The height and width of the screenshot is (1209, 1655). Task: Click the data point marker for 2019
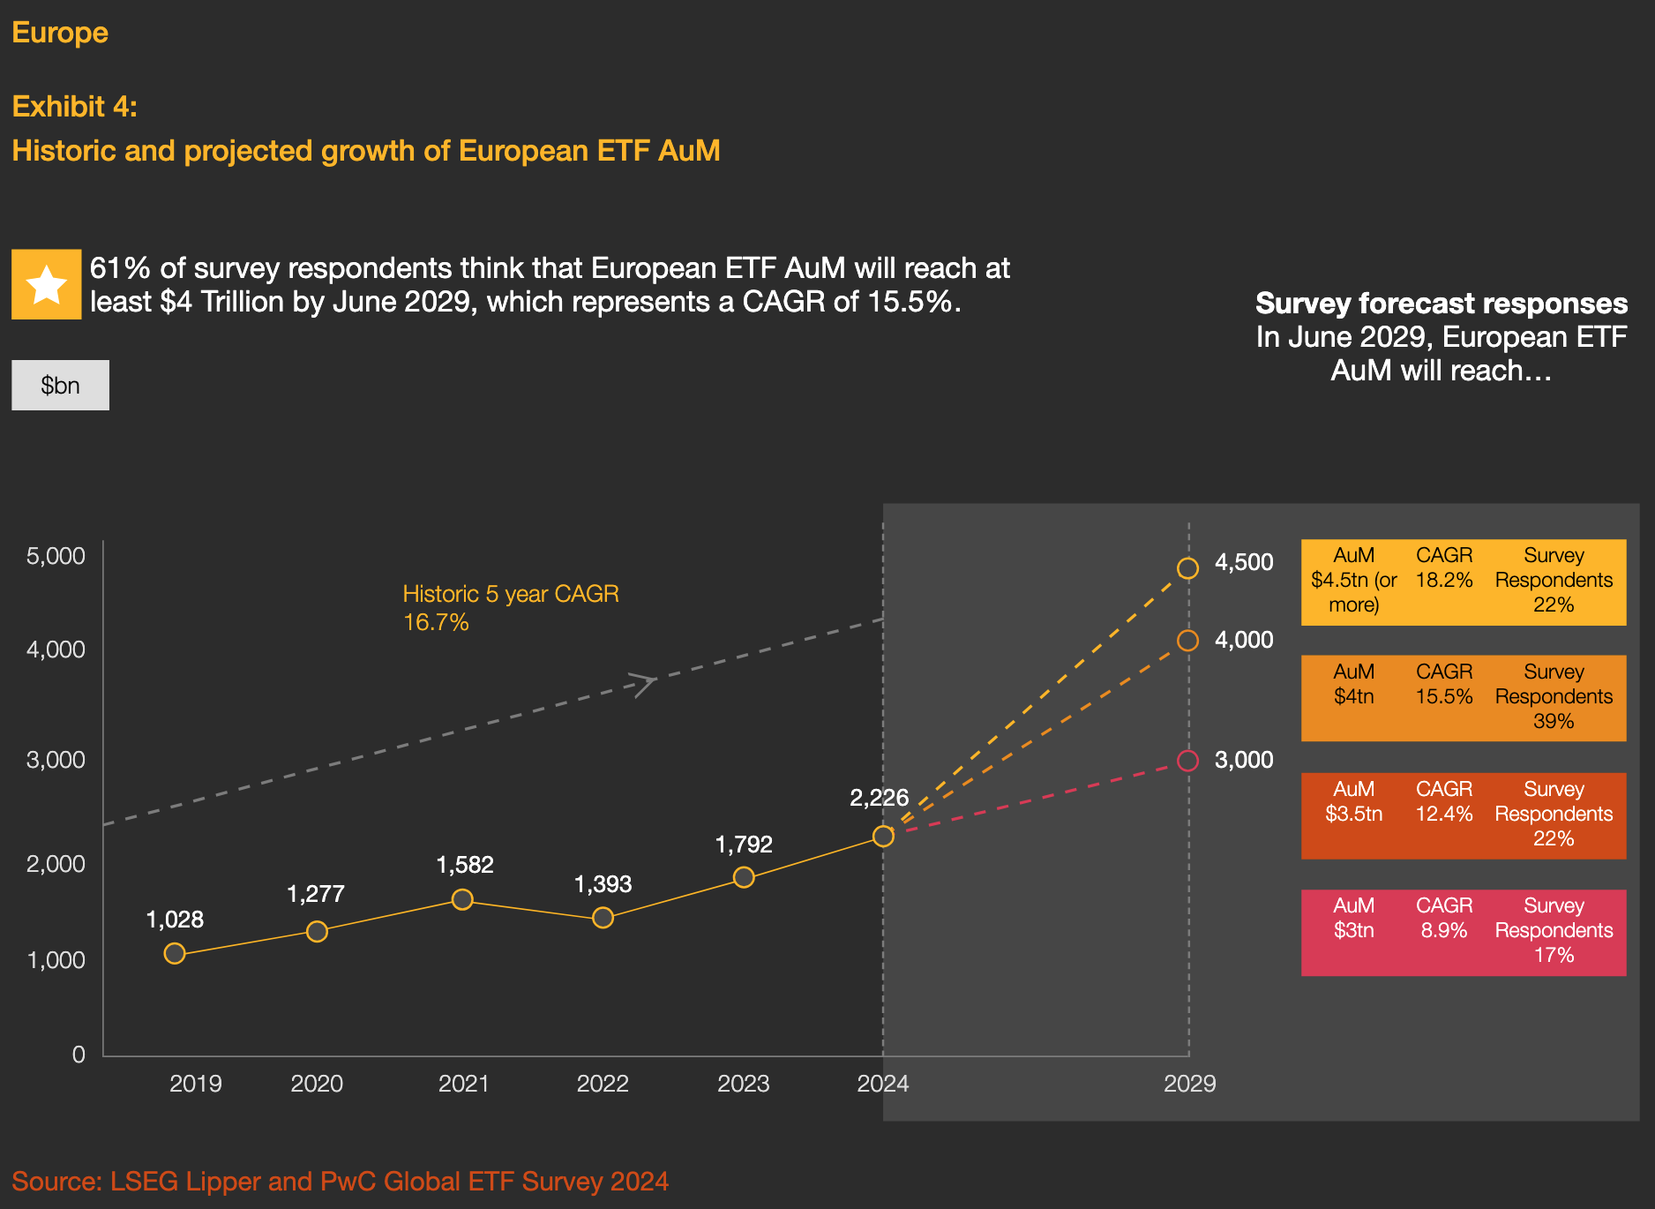coord(175,953)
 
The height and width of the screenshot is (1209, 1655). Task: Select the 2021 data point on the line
coord(462,899)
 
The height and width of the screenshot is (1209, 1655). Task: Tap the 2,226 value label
coord(879,798)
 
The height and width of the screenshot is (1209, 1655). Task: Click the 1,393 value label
coord(603,884)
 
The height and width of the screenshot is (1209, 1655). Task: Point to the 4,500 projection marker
coord(1187,568)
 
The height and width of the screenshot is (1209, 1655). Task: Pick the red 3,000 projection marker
coord(1187,761)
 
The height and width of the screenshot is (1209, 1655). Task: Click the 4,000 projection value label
coord(1244,640)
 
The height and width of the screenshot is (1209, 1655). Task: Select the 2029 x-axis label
coord(1189,1084)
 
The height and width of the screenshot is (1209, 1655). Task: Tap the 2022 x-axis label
coord(603,1084)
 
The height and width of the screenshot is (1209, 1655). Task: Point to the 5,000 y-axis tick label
coord(56,556)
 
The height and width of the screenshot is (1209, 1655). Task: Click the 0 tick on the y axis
coord(79,1055)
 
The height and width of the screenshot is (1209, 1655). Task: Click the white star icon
coord(47,284)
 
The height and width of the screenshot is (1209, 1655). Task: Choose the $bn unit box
coord(60,386)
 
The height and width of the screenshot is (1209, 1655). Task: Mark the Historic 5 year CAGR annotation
coord(511,607)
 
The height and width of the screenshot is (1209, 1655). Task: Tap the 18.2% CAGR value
coord(1444,581)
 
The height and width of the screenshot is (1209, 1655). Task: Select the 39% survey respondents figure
coord(1554,721)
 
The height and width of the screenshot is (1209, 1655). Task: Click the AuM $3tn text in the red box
coord(1353,918)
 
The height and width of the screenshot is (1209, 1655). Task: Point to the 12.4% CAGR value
coord(1444,814)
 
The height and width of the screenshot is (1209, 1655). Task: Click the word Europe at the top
coord(60,33)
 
